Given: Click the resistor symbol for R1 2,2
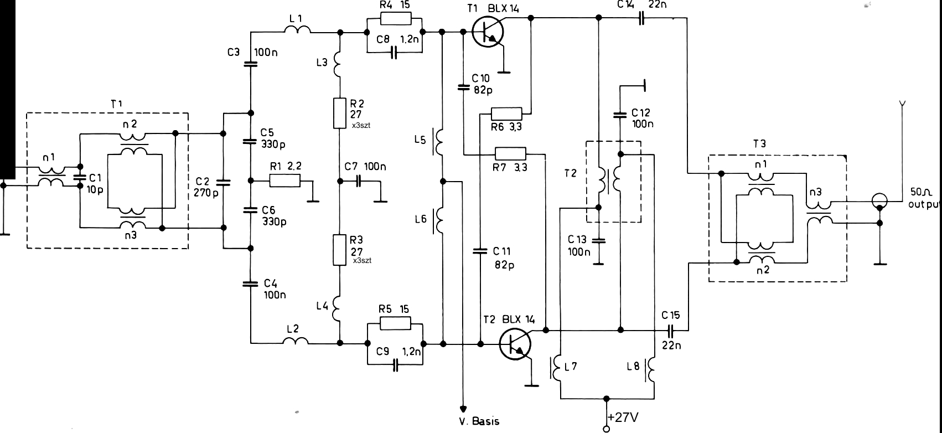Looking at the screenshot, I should coord(285,181).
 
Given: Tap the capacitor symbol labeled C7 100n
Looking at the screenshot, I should coord(358,181).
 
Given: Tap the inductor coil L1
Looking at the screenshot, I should coord(299,31).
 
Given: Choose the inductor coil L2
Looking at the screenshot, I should coord(296,342).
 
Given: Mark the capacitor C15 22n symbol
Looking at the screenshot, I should coord(670,331).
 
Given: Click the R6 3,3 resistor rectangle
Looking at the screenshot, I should coord(506,114).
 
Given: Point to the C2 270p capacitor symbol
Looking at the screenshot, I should coord(223,182).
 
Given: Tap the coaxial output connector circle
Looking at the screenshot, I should coord(879,200).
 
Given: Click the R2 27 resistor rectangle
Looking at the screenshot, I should coord(338,114).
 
